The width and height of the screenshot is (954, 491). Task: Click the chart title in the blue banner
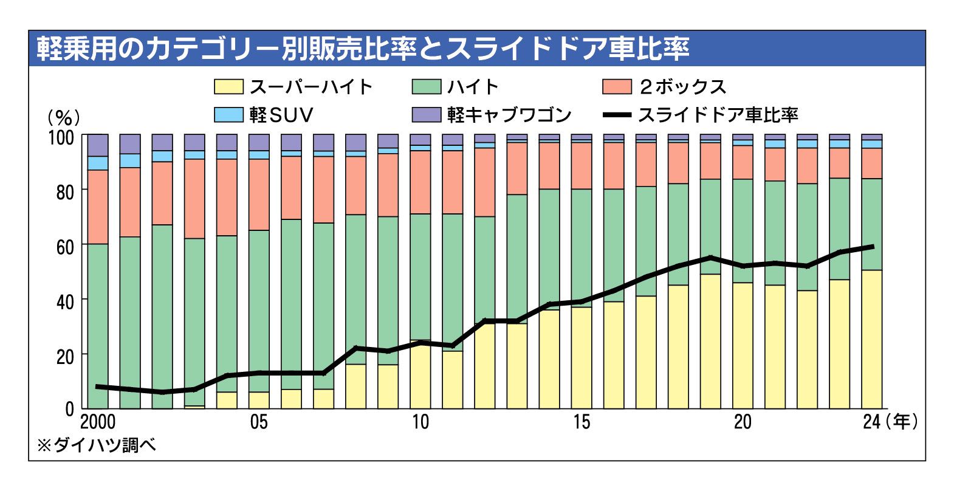pyautogui.click(x=363, y=49)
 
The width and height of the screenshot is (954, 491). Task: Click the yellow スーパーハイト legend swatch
pyautogui.click(x=228, y=86)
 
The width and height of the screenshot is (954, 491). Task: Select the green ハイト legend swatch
pyautogui.click(x=426, y=86)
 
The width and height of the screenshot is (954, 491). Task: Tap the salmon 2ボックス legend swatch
pyautogui.click(x=617, y=86)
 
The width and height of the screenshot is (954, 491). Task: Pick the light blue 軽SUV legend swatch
pyautogui.click(x=228, y=115)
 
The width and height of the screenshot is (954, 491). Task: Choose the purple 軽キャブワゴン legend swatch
pyautogui.click(x=426, y=115)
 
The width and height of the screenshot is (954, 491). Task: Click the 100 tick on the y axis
pyautogui.click(x=61, y=137)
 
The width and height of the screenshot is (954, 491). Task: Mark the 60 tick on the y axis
pyautogui.click(x=64, y=246)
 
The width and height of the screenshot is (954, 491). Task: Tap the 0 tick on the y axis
pyautogui.click(x=69, y=410)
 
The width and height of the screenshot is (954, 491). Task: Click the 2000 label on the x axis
pyautogui.click(x=98, y=422)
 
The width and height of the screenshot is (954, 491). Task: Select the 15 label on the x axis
pyautogui.click(x=582, y=422)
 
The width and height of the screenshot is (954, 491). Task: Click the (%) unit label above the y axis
pyautogui.click(x=64, y=117)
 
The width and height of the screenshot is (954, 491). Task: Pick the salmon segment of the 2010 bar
pyautogui.click(x=420, y=182)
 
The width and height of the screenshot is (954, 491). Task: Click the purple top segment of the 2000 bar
pyautogui.click(x=98, y=145)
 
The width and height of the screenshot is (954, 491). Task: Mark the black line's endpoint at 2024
pyautogui.click(x=872, y=247)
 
